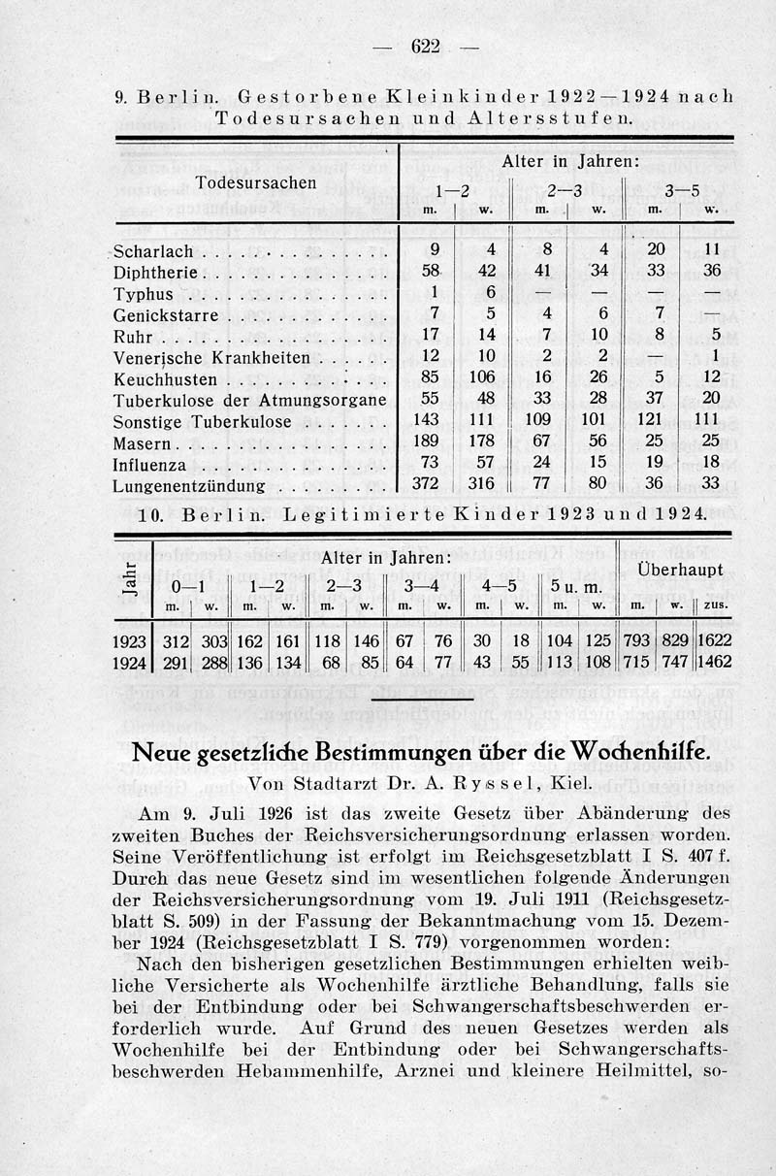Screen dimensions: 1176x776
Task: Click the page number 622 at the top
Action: pos(426,47)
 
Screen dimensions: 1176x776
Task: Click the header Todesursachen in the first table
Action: pos(256,182)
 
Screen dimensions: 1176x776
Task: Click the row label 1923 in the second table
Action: pos(129,641)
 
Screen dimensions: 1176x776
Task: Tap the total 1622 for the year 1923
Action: pos(715,641)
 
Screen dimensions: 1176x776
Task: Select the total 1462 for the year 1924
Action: pos(715,663)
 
